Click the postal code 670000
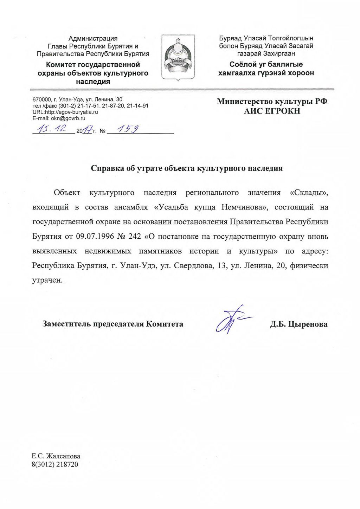click(x=41, y=99)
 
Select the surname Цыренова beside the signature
click(x=308, y=324)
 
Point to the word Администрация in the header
click(x=93, y=38)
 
